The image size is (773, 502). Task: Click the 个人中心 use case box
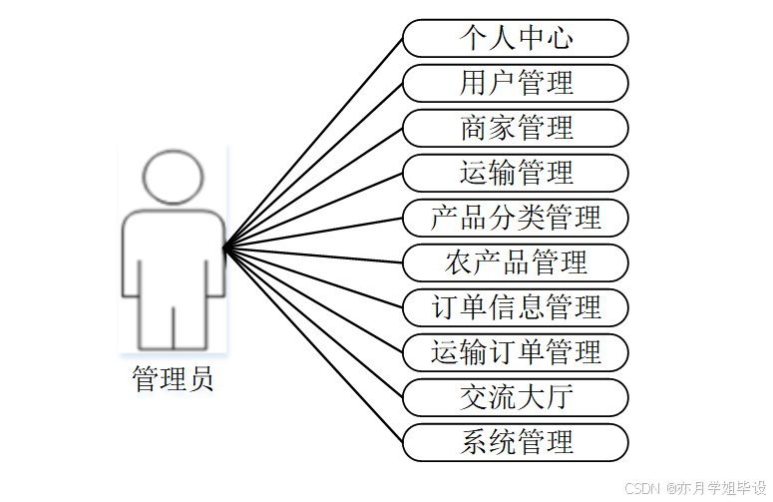point(516,39)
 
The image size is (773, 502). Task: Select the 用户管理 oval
point(516,83)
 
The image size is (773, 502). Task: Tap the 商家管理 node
point(516,128)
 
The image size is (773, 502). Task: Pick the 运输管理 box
point(516,173)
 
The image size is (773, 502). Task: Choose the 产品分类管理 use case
point(516,218)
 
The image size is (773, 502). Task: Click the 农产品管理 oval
point(516,262)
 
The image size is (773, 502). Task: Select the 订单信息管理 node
point(516,307)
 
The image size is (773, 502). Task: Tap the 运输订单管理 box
point(516,352)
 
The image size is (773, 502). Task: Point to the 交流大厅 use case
point(516,397)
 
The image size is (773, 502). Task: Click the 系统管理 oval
point(516,442)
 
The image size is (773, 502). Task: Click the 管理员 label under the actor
point(173,379)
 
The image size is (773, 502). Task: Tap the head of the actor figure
point(174,177)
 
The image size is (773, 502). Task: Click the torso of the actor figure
point(174,254)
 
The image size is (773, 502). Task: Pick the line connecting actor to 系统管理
point(314,343)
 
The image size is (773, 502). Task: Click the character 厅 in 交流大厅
point(561,397)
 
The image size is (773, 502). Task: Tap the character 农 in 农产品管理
point(459,262)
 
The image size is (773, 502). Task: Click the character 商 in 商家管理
point(474,128)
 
